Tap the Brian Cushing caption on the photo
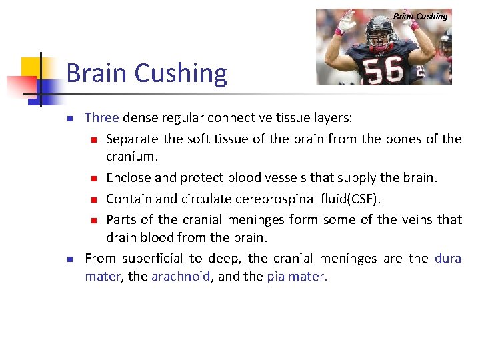point(420,16)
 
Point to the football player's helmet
point(383,26)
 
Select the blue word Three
point(101,118)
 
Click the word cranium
point(130,158)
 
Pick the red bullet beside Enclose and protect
point(95,179)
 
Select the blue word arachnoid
point(181,277)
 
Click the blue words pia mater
point(297,277)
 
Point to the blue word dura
point(447,258)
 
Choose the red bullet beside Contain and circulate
point(95,199)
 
